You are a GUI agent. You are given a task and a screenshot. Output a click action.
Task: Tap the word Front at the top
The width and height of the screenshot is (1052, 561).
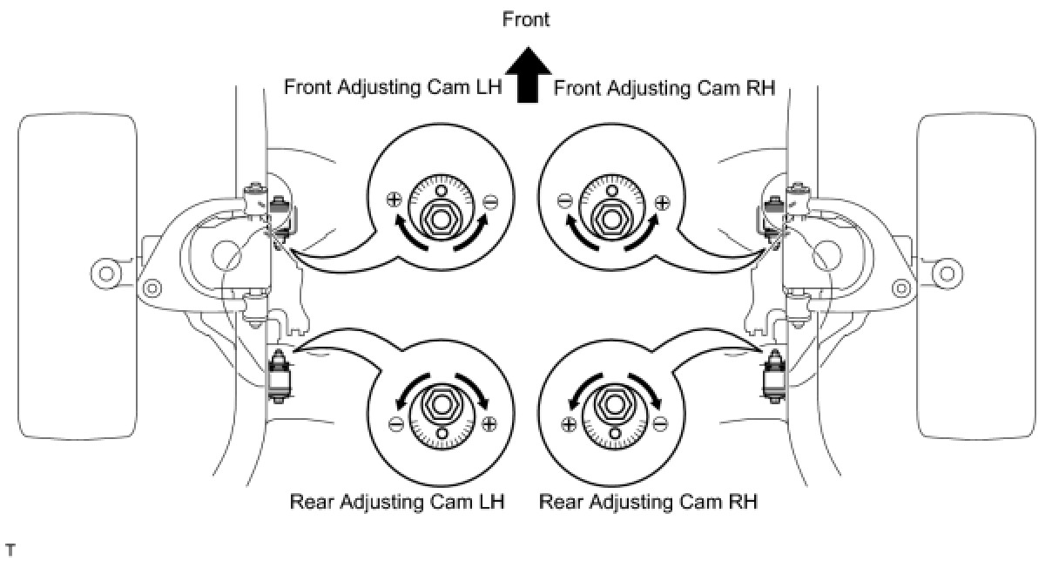tap(526, 19)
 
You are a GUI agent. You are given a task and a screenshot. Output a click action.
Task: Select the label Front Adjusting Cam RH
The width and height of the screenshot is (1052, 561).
tap(664, 87)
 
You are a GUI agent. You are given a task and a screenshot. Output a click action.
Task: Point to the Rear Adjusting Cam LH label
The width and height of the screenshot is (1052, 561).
tap(397, 502)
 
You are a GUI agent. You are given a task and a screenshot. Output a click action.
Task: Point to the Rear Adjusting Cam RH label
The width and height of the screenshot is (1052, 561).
tap(648, 502)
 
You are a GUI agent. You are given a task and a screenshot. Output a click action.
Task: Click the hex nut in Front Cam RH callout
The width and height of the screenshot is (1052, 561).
tap(613, 215)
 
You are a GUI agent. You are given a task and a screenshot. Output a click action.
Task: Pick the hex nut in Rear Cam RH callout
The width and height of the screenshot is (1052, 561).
tap(613, 404)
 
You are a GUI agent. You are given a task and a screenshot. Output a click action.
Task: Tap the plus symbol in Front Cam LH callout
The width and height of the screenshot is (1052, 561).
tap(394, 199)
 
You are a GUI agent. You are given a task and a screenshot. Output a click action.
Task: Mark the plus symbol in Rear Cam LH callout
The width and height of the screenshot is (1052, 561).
tap(489, 423)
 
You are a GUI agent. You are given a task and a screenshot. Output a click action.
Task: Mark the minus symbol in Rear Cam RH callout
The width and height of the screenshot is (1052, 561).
tap(660, 423)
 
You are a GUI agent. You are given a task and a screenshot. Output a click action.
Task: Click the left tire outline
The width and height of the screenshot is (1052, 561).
tap(78, 275)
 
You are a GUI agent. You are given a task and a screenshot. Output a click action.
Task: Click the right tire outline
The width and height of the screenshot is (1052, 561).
tap(976, 275)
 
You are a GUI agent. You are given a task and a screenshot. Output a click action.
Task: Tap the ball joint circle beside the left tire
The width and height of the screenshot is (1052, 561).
tap(106, 274)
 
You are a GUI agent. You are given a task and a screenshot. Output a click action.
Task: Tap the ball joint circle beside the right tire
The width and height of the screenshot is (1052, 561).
tap(947, 274)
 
